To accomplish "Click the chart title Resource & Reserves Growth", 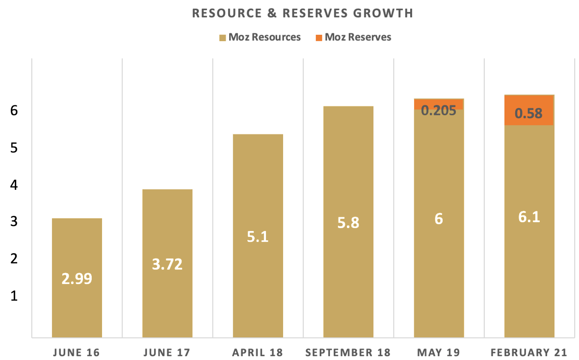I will tap(302, 13).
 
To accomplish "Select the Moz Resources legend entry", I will tap(260, 37).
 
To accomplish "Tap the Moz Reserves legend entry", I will tap(353, 37).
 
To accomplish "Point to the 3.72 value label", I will tap(167, 265).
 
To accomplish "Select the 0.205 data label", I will tap(439, 110).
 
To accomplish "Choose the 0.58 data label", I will tap(529, 114).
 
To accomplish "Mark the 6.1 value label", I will tap(529, 217).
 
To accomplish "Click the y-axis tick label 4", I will tap(14, 185).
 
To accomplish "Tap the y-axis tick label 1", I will tap(14, 296).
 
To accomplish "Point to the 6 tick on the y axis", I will tap(14, 111).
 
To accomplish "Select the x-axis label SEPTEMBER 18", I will tap(348, 353).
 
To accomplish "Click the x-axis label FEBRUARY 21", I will tap(529, 353).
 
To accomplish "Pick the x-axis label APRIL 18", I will tap(258, 353).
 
